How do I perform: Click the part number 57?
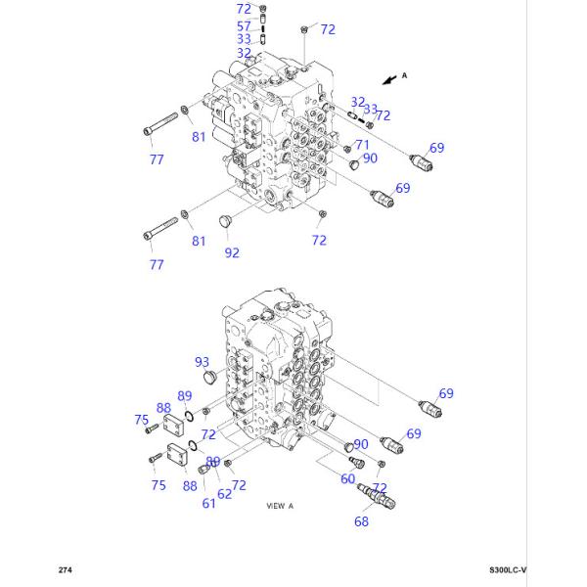(244, 23)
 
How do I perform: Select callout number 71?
(361, 145)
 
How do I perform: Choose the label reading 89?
(184, 395)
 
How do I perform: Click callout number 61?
(208, 503)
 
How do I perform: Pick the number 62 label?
(224, 494)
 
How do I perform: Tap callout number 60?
(347, 477)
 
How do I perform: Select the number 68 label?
(362, 521)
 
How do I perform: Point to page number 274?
(65, 569)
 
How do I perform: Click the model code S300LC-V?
(508, 569)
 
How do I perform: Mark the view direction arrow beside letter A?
(389, 76)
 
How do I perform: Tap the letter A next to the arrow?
(404, 74)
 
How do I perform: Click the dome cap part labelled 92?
(224, 219)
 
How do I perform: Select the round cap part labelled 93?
(206, 378)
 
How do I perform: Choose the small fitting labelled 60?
(352, 451)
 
